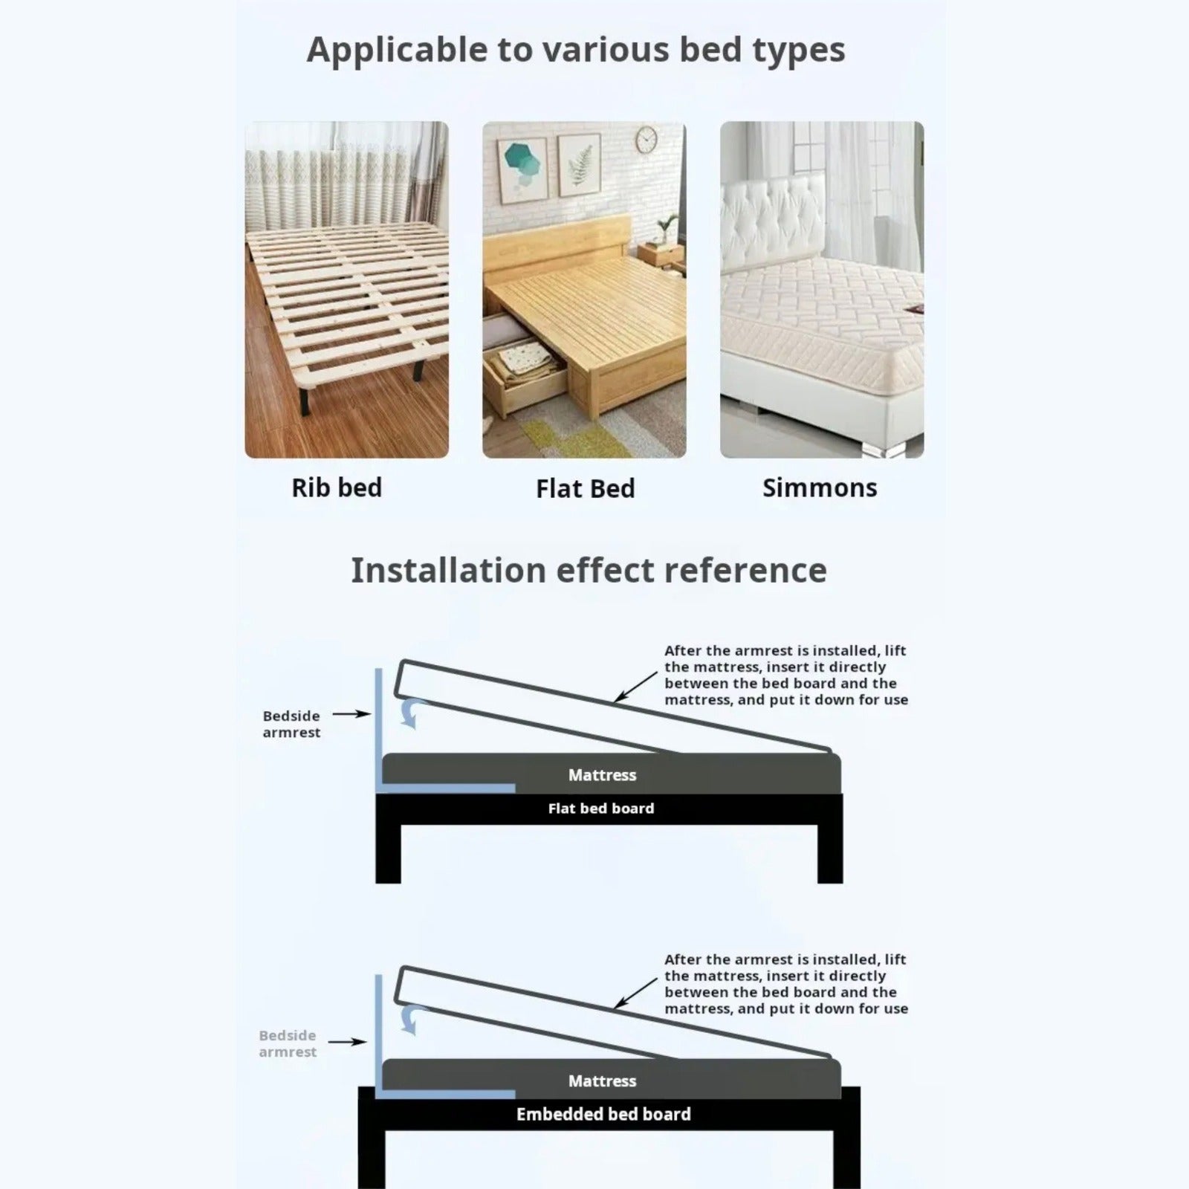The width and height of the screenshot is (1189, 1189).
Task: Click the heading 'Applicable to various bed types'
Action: pyautogui.click(x=576, y=51)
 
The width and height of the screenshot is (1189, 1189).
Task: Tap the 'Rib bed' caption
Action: pyautogui.click(x=337, y=487)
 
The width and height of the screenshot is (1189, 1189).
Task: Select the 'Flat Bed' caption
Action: pyautogui.click(x=586, y=489)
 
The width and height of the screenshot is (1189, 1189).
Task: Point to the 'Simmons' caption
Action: pyautogui.click(x=820, y=487)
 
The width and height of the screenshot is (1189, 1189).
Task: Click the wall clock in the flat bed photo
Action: pyautogui.click(x=647, y=139)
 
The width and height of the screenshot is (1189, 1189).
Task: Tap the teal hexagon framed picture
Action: pyautogui.click(x=522, y=170)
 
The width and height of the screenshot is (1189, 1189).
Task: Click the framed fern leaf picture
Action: pyautogui.click(x=580, y=164)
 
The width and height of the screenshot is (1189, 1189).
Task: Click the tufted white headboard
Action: pyautogui.click(x=773, y=216)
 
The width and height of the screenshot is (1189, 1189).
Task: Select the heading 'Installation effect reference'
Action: pyautogui.click(x=589, y=571)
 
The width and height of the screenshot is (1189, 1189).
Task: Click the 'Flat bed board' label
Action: pyautogui.click(x=601, y=809)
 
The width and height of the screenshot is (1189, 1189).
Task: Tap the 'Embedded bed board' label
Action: pyautogui.click(x=603, y=1114)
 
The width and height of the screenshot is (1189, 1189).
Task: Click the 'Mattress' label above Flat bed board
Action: pyautogui.click(x=602, y=775)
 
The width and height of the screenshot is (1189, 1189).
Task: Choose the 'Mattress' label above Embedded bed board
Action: pyautogui.click(x=602, y=1081)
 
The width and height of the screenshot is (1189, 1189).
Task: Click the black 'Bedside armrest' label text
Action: pyautogui.click(x=291, y=724)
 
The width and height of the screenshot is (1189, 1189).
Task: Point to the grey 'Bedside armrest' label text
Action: pyautogui.click(x=288, y=1043)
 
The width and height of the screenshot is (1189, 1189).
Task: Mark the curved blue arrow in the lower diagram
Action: pyautogui.click(x=410, y=1019)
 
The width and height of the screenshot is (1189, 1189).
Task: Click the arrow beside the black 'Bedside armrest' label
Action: pyautogui.click(x=351, y=714)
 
